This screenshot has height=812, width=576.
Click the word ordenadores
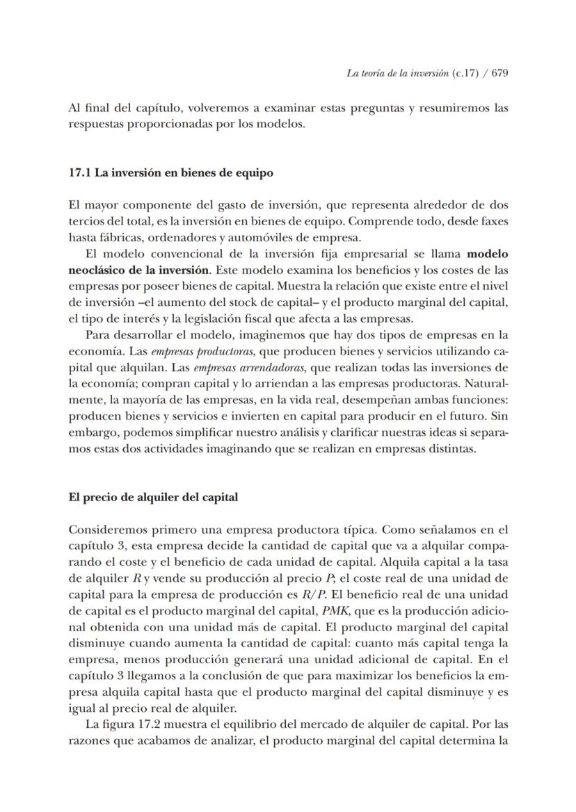[167, 238]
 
